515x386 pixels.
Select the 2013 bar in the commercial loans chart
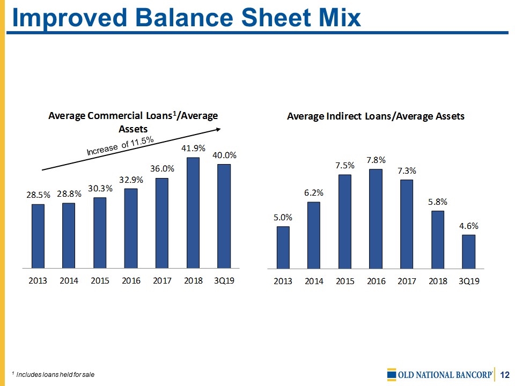[x=38, y=236]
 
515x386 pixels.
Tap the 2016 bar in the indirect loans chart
[x=376, y=219]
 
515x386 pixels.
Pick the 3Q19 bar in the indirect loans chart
[x=468, y=251]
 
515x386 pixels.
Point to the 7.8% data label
[x=376, y=160]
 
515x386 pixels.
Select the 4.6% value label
[x=468, y=226]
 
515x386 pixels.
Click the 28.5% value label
[x=38, y=196]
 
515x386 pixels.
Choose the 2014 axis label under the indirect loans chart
[x=314, y=281]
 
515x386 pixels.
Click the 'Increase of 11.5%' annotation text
[x=121, y=146]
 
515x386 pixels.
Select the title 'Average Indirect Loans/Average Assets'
[x=376, y=116]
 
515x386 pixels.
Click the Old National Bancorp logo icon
[x=391, y=374]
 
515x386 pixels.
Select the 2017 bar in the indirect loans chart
[x=407, y=224]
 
